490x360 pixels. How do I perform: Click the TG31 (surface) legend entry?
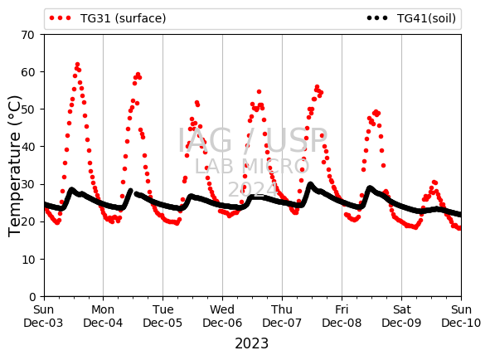click(108, 18)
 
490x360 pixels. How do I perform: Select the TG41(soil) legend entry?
click(411, 18)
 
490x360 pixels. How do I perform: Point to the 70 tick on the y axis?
click(28, 35)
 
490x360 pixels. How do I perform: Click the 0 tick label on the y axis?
click(32, 296)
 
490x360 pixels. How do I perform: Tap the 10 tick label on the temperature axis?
click(28, 260)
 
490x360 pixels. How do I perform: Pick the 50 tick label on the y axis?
click(28, 109)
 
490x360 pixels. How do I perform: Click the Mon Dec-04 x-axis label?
click(103, 316)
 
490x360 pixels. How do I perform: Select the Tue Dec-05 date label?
click(163, 316)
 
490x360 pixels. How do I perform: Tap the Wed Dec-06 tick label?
click(222, 316)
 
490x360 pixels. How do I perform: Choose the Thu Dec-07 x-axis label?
click(282, 316)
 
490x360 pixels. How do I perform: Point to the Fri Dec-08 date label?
click(342, 316)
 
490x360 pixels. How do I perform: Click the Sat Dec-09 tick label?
click(401, 316)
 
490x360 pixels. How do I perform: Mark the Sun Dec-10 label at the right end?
click(461, 316)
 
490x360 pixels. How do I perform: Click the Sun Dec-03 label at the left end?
click(43, 316)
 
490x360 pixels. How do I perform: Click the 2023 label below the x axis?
click(251, 343)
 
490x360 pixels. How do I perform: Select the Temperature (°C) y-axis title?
click(14, 166)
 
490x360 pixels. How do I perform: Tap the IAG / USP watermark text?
click(253, 140)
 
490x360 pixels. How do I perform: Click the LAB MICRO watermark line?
click(252, 167)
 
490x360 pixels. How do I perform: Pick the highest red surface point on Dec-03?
click(77, 65)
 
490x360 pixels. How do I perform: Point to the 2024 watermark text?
click(253, 189)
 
